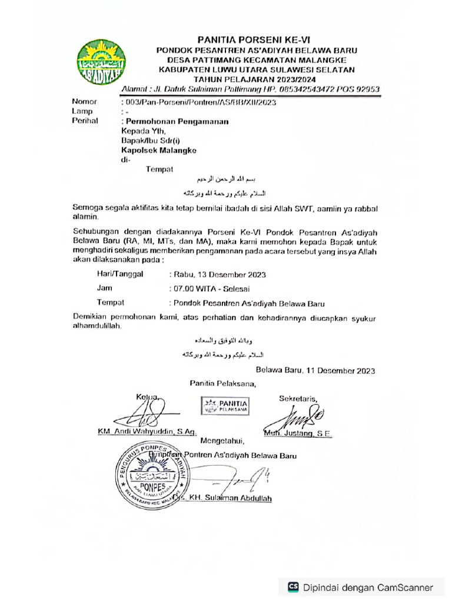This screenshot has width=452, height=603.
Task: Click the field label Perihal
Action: point(84,121)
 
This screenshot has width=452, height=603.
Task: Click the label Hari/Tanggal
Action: point(120,274)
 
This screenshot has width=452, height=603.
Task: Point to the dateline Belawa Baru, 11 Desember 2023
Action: point(315,370)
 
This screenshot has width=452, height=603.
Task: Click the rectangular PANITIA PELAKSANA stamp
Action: point(225,405)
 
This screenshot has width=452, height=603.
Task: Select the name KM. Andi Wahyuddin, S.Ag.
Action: point(147,432)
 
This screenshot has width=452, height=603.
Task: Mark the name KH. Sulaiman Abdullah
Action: point(231,498)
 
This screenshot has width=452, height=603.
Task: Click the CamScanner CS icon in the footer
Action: point(293,587)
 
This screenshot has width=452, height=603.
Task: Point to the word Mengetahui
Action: point(221,440)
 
